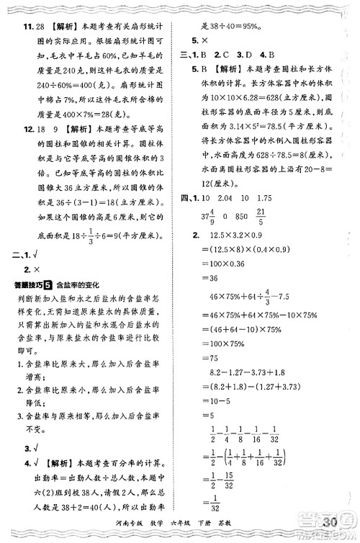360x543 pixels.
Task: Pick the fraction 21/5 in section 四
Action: tap(280, 215)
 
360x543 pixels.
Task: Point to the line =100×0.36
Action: tap(228, 264)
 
